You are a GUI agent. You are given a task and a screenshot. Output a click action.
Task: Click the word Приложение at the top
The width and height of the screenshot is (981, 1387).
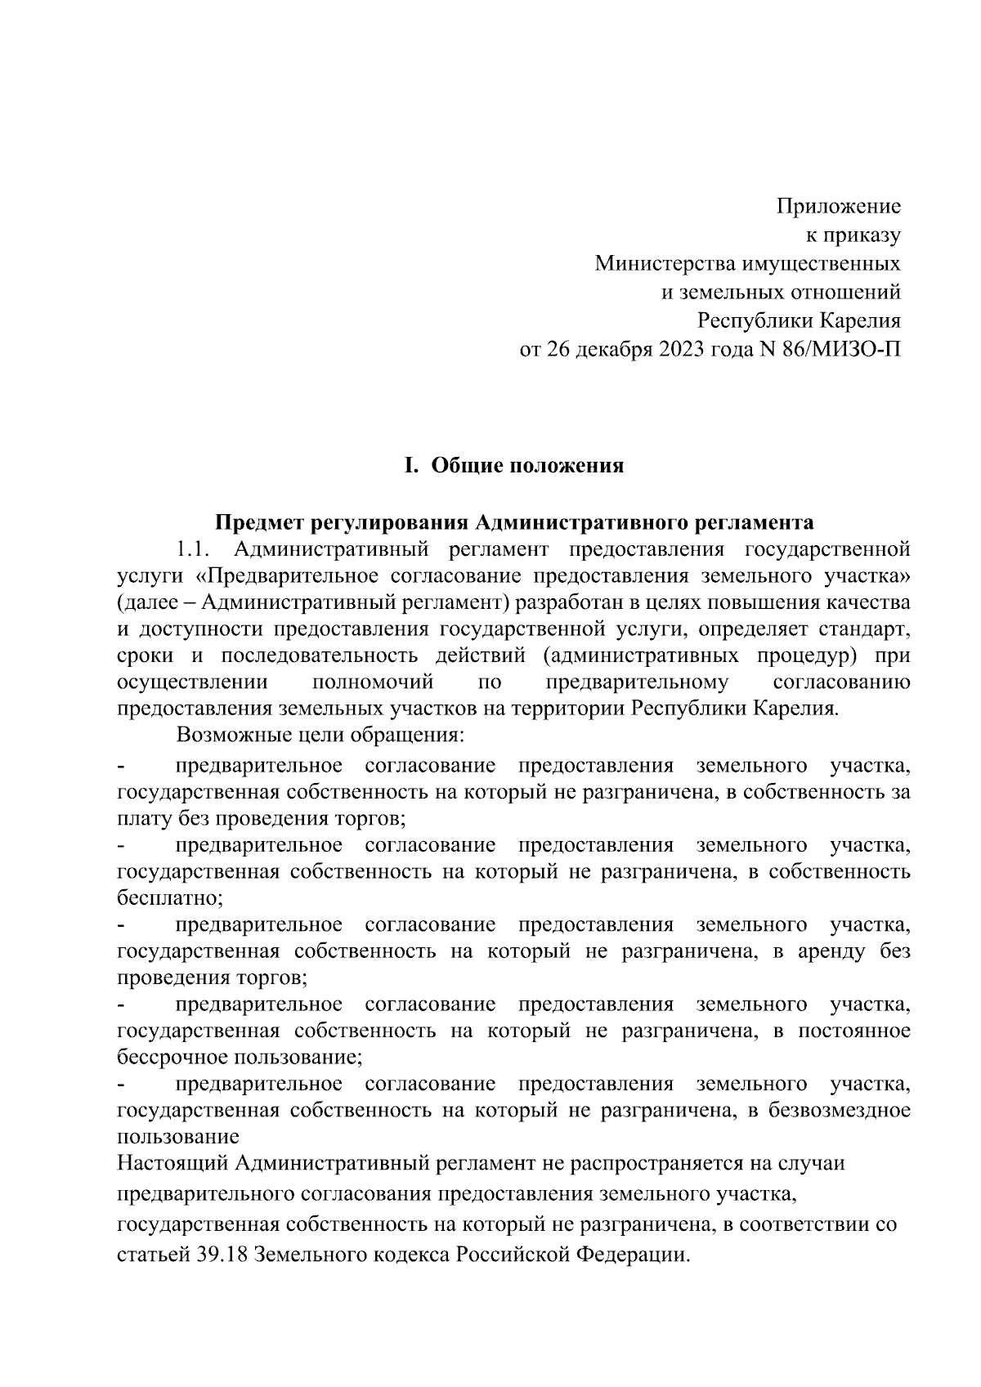pos(838,206)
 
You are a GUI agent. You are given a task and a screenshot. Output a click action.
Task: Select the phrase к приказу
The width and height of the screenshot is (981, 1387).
pos(853,235)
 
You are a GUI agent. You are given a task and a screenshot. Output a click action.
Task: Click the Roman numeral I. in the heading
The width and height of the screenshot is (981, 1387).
pos(411,466)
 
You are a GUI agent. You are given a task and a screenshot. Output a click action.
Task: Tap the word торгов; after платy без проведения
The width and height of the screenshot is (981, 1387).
pos(370,817)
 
